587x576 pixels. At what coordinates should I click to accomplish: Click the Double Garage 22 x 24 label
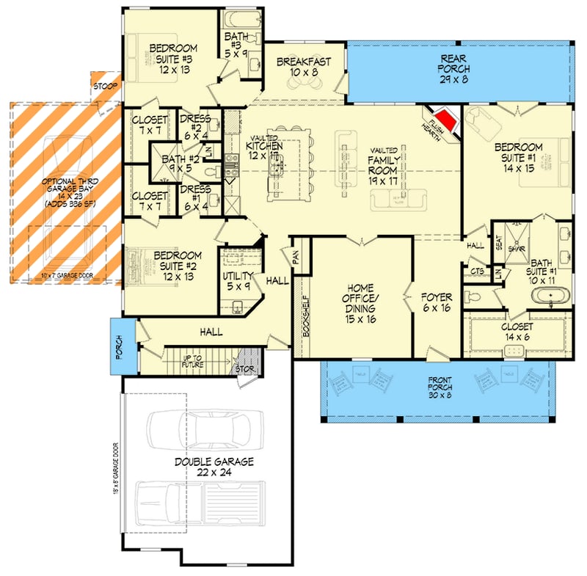pos(214,467)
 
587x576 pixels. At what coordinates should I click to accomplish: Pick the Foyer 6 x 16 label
pos(437,303)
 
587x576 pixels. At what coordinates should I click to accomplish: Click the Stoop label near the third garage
pos(102,87)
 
